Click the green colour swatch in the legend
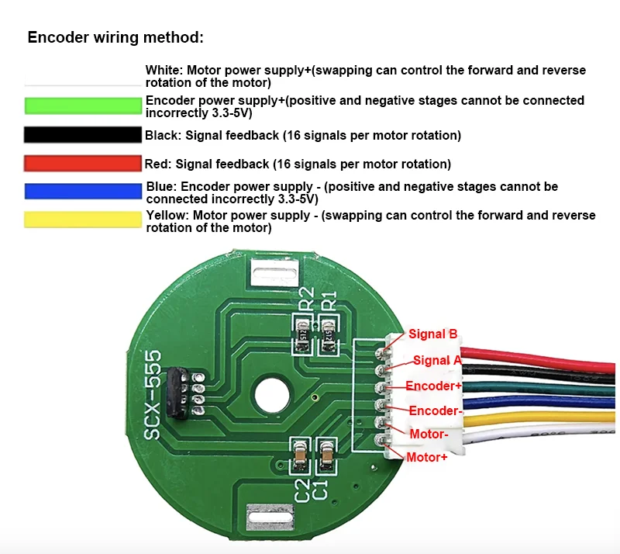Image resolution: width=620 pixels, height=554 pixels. tap(83, 106)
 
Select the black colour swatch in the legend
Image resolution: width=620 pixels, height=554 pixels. tap(83, 135)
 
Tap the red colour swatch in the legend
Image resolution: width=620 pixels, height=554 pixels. tap(83, 164)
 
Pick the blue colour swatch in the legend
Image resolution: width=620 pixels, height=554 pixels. tap(83, 192)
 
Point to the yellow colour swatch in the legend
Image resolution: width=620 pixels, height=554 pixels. tap(83, 220)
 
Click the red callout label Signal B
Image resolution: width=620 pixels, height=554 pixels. tap(433, 334)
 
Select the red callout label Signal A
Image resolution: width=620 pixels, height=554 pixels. tap(437, 360)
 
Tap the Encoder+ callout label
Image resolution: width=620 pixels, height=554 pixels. tap(433, 386)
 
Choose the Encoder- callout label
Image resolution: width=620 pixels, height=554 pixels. tap(436, 410)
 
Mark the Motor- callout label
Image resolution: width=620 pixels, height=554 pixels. tap(429, 434)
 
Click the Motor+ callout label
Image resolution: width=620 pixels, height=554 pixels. tap(427, 457)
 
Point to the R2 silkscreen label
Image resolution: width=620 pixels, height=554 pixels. tap(306, 299)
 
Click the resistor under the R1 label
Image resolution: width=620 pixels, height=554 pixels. tap(328, 336)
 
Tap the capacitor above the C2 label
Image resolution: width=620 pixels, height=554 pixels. tap(301, 455)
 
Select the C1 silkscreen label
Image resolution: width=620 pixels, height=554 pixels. tap(321, 490)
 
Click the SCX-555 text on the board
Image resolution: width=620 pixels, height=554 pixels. tap(153, 395)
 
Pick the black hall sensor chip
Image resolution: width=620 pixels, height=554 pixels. tap(177, 393)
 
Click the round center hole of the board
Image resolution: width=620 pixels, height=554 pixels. tap(272, 395)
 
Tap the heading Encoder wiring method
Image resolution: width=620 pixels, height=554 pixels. tap(115, 37)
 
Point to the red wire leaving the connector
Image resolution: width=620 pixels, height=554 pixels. tap(538, 359)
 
